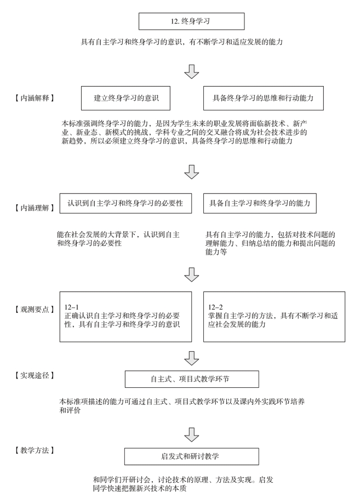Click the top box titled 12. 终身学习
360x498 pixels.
pyautogui.click(x=192, y=21)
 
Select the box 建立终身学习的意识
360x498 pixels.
pyautogui.click(x=125, y=98)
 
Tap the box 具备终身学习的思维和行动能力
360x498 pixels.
pyautogui.click(x=264, y=98)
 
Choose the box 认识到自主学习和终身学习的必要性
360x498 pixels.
pyautogui.click(x=125, y=203)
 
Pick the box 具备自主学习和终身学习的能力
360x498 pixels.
pyautogui.click(x=260, y=203)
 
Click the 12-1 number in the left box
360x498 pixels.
pyautogui.click(x=71, y=307)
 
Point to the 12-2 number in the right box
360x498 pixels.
pyautogui.click(x=215, y=307)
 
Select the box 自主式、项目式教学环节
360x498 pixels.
pyautogui.click(x=192, y=379)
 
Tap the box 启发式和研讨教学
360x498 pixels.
pyautogui.click(x=192, y=456)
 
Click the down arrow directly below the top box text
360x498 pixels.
pyautogui.click(x=192, y=71)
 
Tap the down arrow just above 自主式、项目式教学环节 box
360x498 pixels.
pyautogui.click(x=192, y=358)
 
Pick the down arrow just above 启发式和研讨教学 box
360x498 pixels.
pyautogui.click(x=192, y=434)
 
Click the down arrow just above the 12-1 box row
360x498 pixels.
pyautogui.click(x=192, y=274)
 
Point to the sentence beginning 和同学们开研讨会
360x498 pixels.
pyautogui.click(x=183, y=480)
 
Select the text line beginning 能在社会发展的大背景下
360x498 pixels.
pyautogui.click(x=118, y=234)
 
